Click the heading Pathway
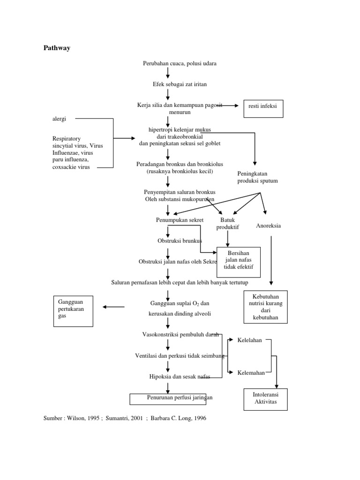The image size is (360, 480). [57, 48]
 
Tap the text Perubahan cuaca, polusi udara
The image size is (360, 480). [180, 63]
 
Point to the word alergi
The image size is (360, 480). [59, 119]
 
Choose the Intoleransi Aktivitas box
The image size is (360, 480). [265, 399]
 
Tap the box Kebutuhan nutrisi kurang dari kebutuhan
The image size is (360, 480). [266, 307]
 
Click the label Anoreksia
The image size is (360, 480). [268, 226]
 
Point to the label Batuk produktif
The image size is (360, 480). [227, 224]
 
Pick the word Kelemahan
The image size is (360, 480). [251, 373]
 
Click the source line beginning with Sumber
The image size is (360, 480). [125, 419]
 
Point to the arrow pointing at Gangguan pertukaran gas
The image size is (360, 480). [113, 307]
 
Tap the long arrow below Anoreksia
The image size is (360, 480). [271, 260]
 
